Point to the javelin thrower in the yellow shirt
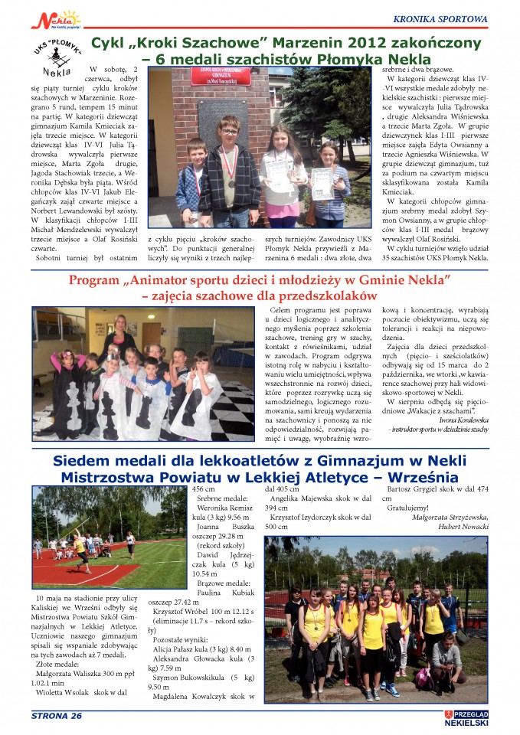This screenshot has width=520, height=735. click(x=80, y=547)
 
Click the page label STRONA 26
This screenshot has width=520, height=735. click(x=56, y=716)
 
